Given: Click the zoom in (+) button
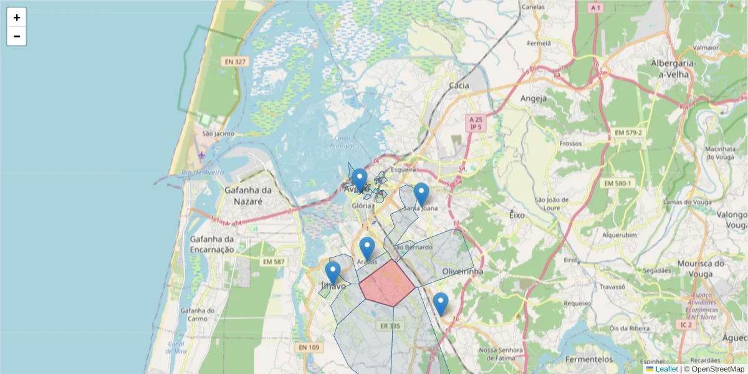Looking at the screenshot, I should [17, 17].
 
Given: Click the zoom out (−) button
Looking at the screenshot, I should [17, 36].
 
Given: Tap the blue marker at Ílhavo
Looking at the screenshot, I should [332, 273].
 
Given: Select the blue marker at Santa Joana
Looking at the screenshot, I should [421, 194].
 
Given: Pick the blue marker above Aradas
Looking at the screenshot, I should [367, 248].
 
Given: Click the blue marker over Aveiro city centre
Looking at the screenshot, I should [359, 180].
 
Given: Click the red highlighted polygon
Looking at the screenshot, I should [387, 284].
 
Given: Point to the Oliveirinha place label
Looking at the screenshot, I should [463, 272].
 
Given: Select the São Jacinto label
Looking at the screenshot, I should [218, 133].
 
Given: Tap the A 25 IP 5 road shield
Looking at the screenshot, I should [476, 123].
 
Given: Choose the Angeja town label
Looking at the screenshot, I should [533, 98].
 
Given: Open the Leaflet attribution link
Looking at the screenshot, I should [666, 369].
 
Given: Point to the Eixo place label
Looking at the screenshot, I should [517, 214].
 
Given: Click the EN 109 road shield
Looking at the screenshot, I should [309, 347].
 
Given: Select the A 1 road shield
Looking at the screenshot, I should [596, 7].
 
